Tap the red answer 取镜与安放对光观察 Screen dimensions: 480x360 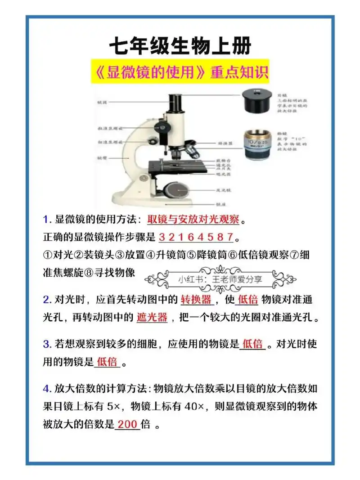pos(194,220)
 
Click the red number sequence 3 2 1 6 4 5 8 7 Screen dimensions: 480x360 pos(196,237)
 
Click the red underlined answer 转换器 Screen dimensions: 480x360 pos(196,299)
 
